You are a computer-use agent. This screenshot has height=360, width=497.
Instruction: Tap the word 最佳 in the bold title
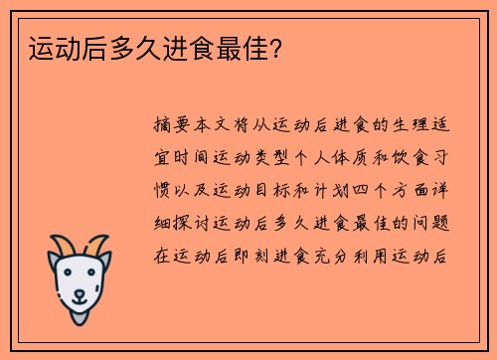[x=246, y=47]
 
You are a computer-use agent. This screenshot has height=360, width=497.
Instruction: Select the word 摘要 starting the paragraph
[x=175, y=126]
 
